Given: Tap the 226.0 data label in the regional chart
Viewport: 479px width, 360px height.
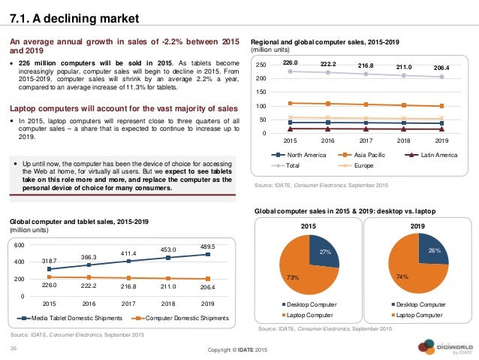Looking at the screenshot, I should point(291,64).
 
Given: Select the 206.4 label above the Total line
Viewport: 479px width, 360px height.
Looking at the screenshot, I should point(441,67).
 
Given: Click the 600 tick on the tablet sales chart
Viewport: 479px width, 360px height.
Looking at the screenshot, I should point(20,246).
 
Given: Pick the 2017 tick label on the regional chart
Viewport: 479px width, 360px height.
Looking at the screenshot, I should point(365,139).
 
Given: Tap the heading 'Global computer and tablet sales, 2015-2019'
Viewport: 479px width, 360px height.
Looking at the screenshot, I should point(78,222).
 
